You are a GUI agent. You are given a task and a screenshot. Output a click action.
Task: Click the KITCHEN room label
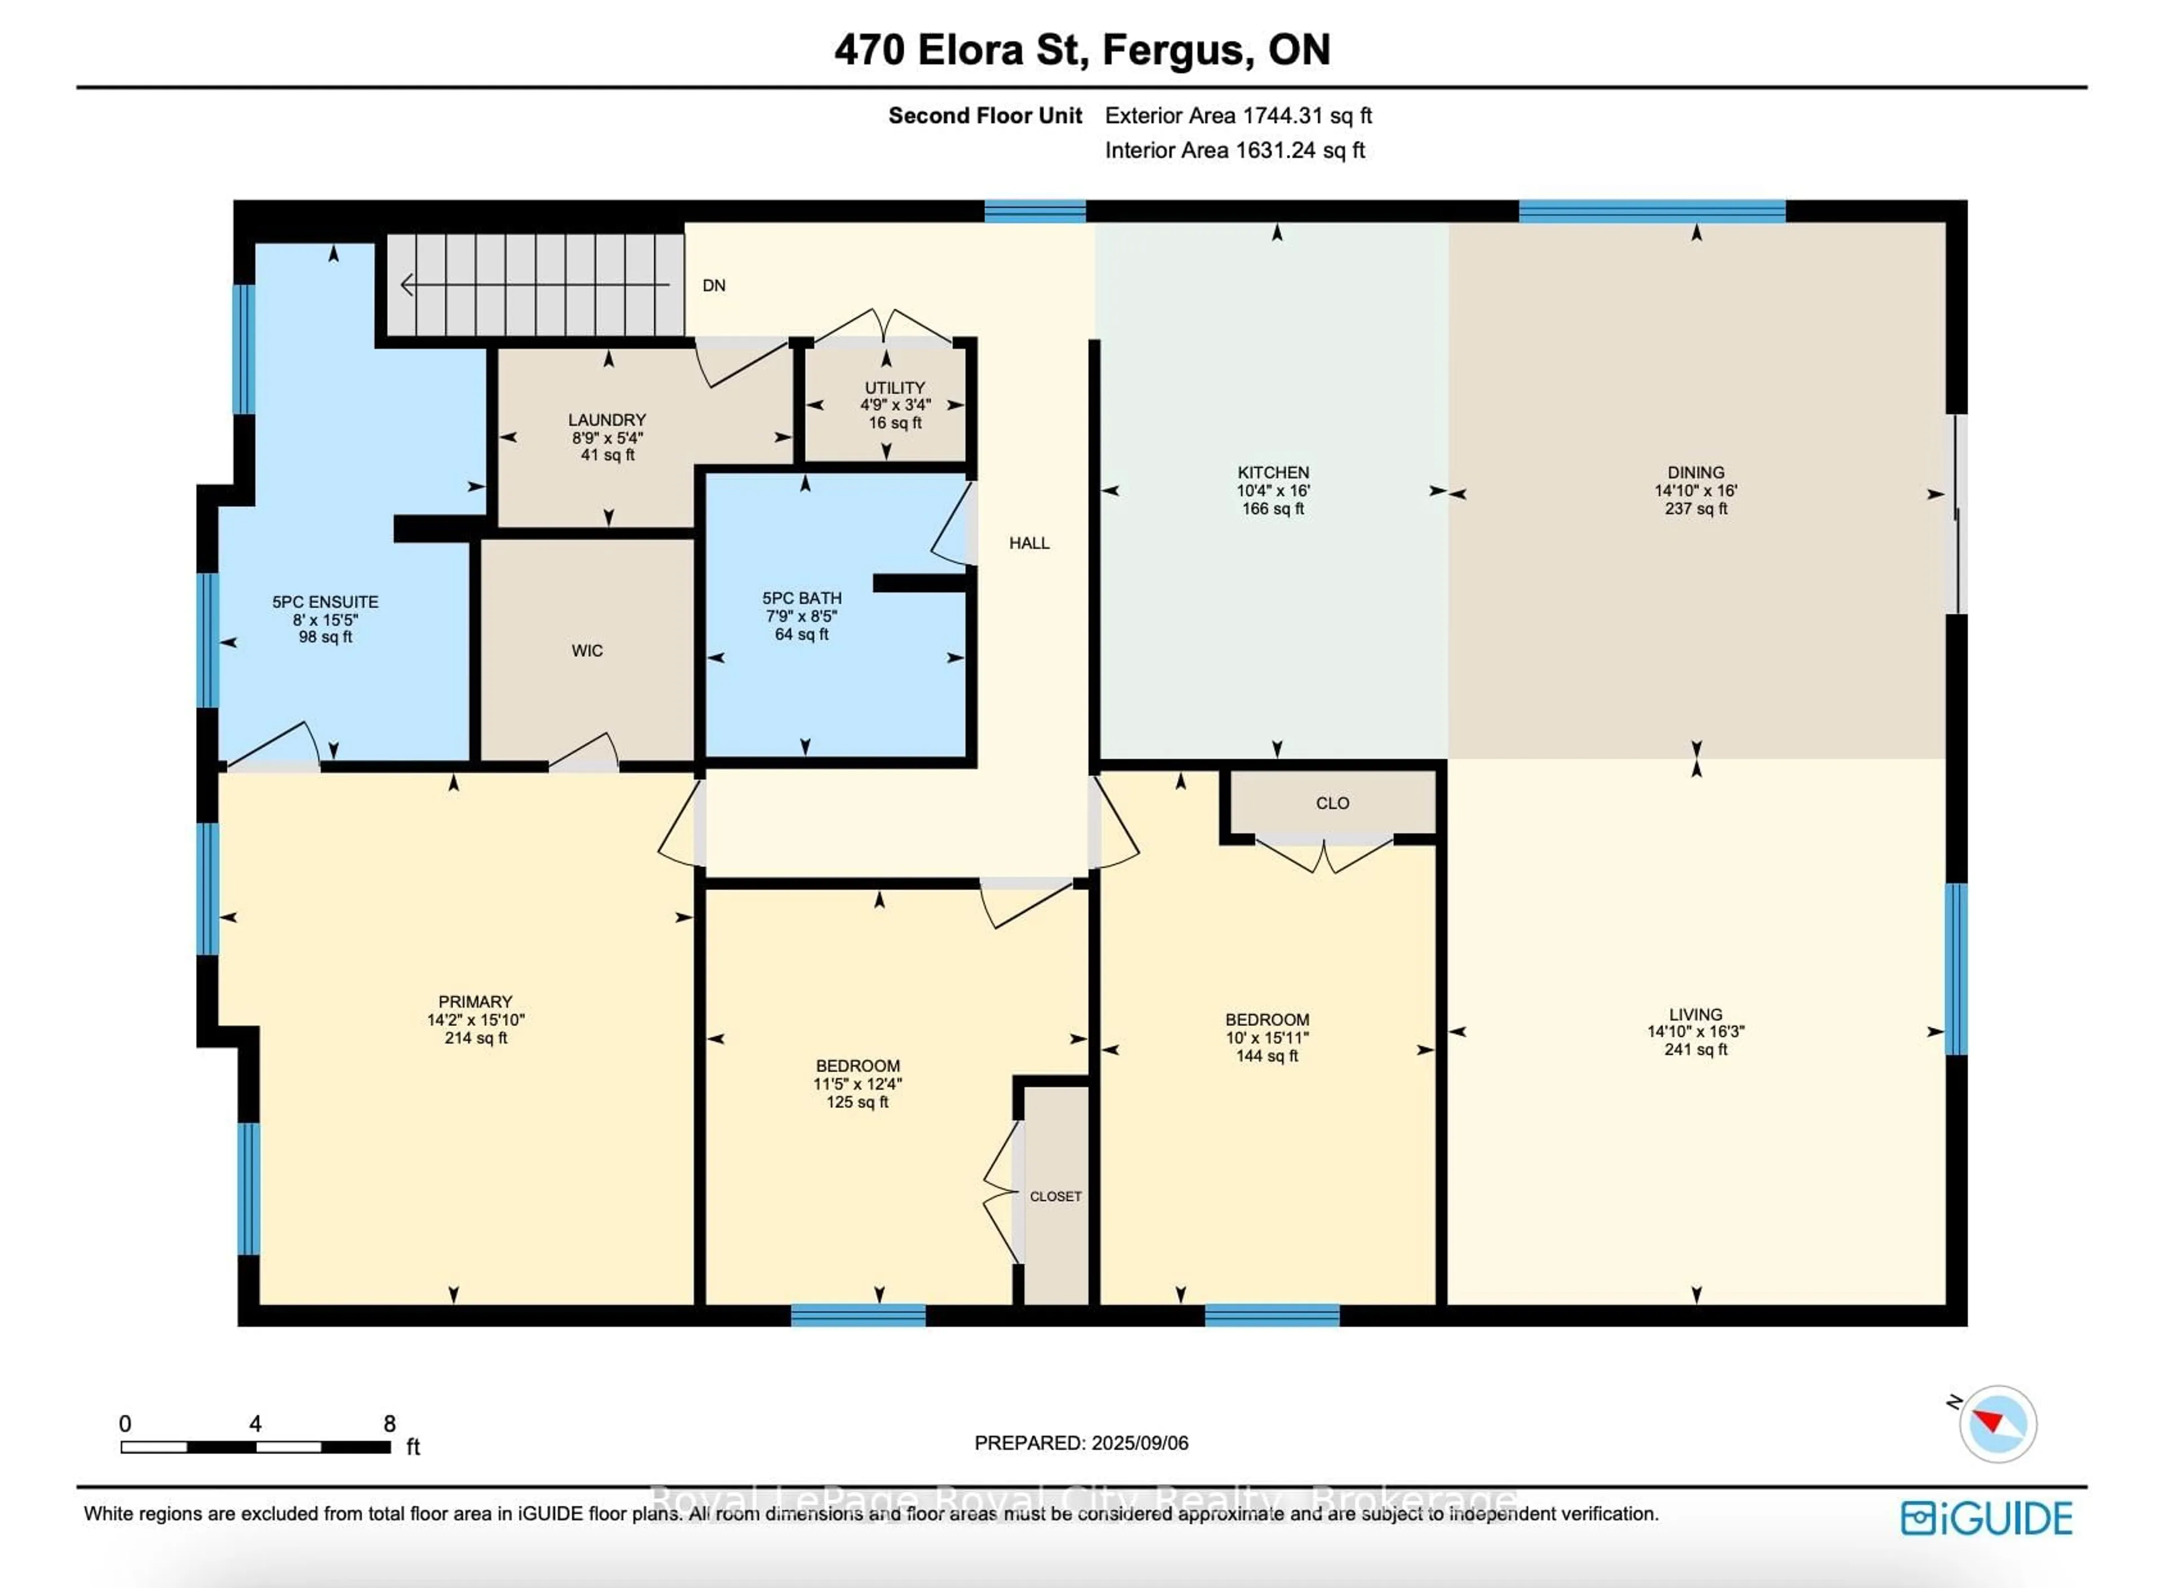(x=1273, y=472)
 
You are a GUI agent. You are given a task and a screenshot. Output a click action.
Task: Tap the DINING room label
(x=1696, y=472)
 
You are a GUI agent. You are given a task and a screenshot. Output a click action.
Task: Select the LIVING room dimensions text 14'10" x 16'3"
(x=1696, y=1032)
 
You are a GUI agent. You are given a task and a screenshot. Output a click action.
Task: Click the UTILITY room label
(x=894, y=387)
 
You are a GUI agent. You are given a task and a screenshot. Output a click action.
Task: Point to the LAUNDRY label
(x=607, y=420)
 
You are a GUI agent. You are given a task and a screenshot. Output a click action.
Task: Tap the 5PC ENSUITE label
(x=325, y=601)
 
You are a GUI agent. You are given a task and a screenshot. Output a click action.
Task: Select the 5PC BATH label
(x=802, y=598)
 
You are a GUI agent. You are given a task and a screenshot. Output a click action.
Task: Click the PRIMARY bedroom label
(x=475, y=1002)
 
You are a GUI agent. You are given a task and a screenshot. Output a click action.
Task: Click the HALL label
(x=1029, y=543)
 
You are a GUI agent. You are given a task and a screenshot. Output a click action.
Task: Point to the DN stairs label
(x=713, y=285)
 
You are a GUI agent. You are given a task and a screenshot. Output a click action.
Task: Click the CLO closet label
(x=1332, y=803)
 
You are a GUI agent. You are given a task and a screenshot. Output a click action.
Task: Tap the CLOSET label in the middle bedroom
(x=1055, y=1197)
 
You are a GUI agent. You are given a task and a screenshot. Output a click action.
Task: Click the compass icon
(x=1997, y=1423)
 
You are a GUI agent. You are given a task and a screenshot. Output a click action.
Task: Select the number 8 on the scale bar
(x=390, y=1423)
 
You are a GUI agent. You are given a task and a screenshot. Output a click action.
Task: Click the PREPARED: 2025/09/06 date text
(x=1081, y=1443)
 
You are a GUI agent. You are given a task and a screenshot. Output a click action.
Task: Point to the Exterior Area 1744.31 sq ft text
(x=1238, y=116)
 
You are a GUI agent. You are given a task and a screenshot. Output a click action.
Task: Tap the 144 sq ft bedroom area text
(x=1267, y=1055)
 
